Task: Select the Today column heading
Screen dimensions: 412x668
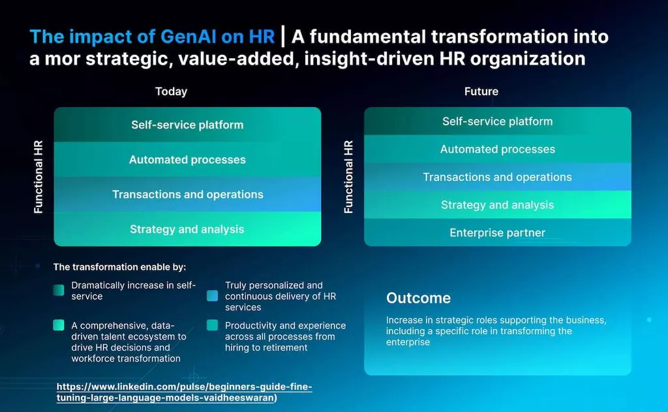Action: coord(171,91)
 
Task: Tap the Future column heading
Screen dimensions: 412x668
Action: coord(481,91)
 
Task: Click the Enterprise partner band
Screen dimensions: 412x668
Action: coord(497,232)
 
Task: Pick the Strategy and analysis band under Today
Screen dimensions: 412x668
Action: coord(187,229)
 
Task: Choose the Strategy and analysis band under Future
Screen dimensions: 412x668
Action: coord(497,205)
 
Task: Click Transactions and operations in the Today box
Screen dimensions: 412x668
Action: coord(187,195)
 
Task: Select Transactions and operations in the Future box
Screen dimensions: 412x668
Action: coord(497,177)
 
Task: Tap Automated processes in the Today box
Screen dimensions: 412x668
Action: coord(187,159)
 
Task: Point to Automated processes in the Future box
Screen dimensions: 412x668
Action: coord(497,149)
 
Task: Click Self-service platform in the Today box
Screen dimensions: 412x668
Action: coord(187,125)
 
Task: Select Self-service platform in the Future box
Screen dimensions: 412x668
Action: coord(497,121)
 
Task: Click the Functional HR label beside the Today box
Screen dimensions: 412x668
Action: coord(38,177)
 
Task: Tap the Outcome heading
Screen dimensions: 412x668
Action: coord(418,298)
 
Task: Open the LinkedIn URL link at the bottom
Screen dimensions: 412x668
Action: coord(184,392)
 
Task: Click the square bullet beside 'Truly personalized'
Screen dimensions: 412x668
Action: coord(212,296)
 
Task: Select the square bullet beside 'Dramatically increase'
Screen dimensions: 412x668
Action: coord(59,291)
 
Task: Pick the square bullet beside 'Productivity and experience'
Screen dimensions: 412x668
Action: coord(212,325)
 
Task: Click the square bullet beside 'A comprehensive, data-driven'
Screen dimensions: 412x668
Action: coord(59,325)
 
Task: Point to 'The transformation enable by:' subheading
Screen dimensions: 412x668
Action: coord(119,267)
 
